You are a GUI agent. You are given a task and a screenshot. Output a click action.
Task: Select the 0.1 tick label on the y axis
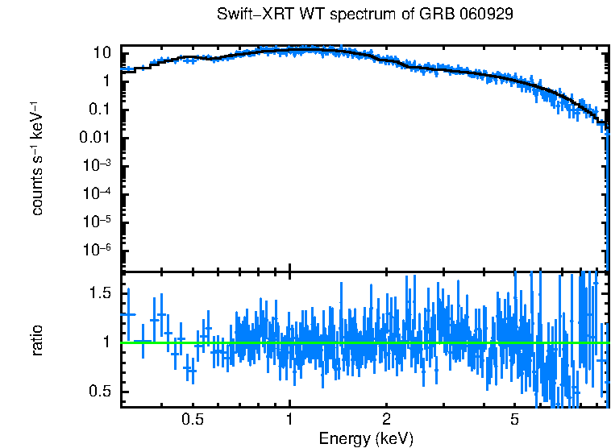pyautogui.click(x=100, y=110)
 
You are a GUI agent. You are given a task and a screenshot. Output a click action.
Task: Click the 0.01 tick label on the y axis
pyautogui.click(x=96, y=138)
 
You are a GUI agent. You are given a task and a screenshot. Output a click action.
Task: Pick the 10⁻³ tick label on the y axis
pyautogui.click(x=98, y=165)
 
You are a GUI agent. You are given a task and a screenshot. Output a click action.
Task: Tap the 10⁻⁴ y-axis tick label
pyautogui.click(x=98, y=193)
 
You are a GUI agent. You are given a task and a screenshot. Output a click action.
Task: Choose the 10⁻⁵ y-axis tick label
pyautogui.click(x=98, y=222)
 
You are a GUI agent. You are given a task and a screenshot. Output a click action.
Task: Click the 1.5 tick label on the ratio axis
pyautogui.click(x=100, y=293)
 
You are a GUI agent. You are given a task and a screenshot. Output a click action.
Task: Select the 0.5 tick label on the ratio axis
pyautogui.click(x=100, y=392)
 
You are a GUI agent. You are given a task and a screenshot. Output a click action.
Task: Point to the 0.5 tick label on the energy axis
pyautogui.click(x=193, y=420)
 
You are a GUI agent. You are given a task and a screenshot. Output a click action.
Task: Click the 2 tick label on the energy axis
pyautogui.click(x=387, y=420)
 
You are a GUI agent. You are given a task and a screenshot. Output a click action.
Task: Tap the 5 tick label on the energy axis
pyautogui.click(x=514, y=420)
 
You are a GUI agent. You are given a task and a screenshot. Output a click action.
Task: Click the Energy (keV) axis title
pyautogui.click(x=366, y=438)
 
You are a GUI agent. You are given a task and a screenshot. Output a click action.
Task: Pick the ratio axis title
pyautogui.click(x=38, y=341)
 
